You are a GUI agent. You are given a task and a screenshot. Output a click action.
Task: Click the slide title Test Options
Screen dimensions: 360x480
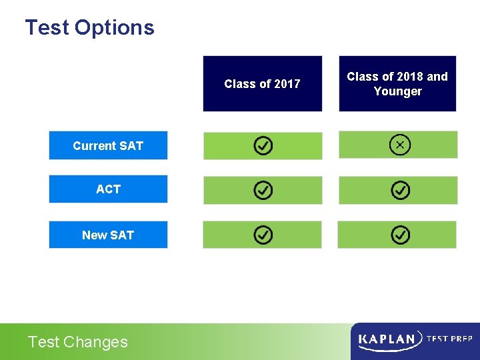(89, 28)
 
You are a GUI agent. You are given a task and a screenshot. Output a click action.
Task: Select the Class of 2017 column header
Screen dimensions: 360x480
(262, 83)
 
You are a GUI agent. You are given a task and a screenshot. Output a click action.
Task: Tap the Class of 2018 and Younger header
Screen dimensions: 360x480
(397, 84)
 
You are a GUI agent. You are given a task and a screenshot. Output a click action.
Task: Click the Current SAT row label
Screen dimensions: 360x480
(108, 145)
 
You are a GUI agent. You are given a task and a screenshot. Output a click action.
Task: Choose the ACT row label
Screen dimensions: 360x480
(108, 189)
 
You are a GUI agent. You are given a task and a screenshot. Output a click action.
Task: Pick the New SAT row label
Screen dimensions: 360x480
(108, 235)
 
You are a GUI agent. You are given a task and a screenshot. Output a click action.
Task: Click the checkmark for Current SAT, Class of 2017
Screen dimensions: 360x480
(263, 146)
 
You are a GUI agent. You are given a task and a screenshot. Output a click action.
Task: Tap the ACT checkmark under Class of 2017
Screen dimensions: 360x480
(263, 191)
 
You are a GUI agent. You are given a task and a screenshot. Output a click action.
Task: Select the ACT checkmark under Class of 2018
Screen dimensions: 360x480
(400, 191)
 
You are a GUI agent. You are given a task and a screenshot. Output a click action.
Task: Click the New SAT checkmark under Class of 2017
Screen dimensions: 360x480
(263, 235)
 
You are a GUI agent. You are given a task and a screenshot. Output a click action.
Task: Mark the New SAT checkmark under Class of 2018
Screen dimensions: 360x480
(400, 235)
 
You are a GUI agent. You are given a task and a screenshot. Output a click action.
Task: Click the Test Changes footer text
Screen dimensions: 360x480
(77, 342)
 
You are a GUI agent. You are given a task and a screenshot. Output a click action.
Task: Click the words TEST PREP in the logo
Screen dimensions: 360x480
(449, 339)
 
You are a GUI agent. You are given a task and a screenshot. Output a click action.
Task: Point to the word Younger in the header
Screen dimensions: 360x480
(397, 91)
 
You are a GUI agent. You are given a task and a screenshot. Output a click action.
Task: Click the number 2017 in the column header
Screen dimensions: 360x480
(287, 83)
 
